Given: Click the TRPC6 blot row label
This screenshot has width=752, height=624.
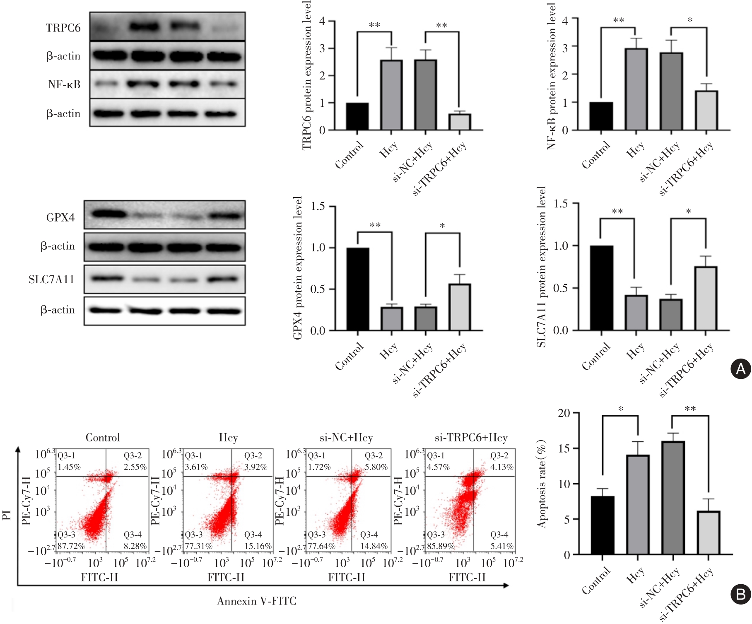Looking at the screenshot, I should [63, 28].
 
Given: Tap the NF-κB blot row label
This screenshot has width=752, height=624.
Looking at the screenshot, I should [64, 84].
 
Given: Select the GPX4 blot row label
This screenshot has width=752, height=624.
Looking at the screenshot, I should [60, 217].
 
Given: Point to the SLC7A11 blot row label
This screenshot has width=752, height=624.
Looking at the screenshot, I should [51, 279].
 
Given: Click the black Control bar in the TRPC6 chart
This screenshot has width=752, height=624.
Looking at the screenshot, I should [357, 116].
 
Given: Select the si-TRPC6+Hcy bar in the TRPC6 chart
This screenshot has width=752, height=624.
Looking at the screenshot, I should [459, 122].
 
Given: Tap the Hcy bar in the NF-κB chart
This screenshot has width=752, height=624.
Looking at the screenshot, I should [636, 89].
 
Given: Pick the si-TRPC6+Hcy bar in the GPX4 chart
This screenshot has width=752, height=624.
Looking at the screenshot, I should [459, 307].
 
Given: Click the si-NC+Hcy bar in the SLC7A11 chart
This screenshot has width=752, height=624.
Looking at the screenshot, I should [671, 315].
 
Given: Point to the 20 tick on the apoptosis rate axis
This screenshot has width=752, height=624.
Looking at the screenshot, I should [564, 413].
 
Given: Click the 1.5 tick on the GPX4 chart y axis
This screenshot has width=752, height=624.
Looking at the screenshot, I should [318, 206].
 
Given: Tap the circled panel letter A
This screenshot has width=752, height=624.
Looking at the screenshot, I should [740, 369].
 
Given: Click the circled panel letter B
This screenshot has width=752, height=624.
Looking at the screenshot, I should [740, 595].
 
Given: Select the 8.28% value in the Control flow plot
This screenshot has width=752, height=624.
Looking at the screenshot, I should [135, 546].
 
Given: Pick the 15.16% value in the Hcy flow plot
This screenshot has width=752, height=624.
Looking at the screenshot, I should [258, 546].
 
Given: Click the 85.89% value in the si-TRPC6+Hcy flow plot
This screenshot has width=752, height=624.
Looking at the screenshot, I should [441, 546].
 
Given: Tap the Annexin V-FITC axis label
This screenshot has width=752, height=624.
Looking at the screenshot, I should [257, 601].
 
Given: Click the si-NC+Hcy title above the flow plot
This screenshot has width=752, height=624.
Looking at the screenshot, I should [346, 438].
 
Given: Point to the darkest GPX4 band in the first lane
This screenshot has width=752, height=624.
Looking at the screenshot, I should [109, 214].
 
